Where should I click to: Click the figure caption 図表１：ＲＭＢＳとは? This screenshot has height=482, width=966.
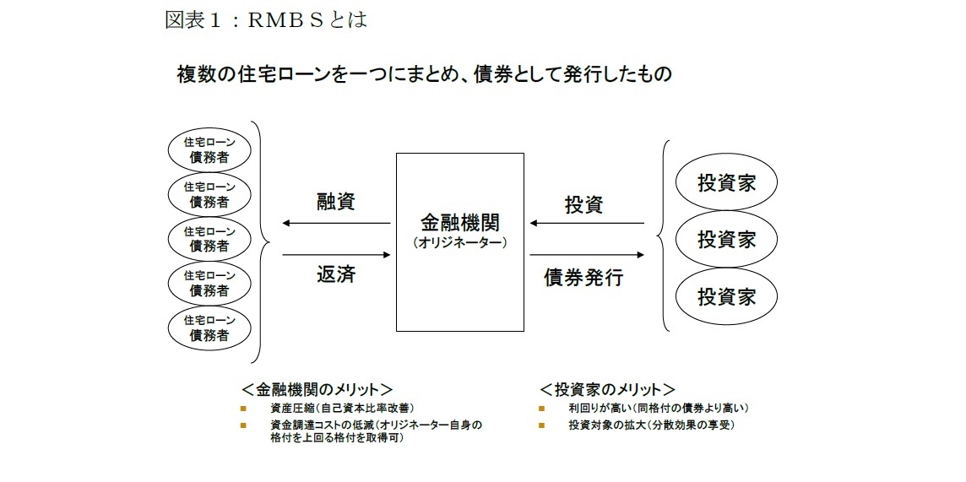click(265, 19)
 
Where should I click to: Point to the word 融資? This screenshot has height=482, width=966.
click(336, 203)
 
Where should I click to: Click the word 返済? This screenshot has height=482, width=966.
click(336, 274)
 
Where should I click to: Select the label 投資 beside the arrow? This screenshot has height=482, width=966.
click(584, 203)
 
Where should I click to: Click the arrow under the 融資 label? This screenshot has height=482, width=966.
click(336, 224)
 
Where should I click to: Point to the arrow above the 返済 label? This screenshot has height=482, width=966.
click(336, 253)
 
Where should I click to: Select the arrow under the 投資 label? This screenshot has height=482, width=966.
click(587, 224)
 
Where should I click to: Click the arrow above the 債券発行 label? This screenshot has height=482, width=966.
click(587, 253)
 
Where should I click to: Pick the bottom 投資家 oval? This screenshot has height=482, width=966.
click(726, 297)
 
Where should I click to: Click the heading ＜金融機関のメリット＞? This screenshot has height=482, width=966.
click(317, 389)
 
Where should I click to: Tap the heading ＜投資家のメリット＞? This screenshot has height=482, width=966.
click(607, 389)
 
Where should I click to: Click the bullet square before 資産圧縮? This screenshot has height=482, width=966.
click(243, 408)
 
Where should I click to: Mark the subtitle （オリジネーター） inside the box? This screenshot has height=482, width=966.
click(459, 241)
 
